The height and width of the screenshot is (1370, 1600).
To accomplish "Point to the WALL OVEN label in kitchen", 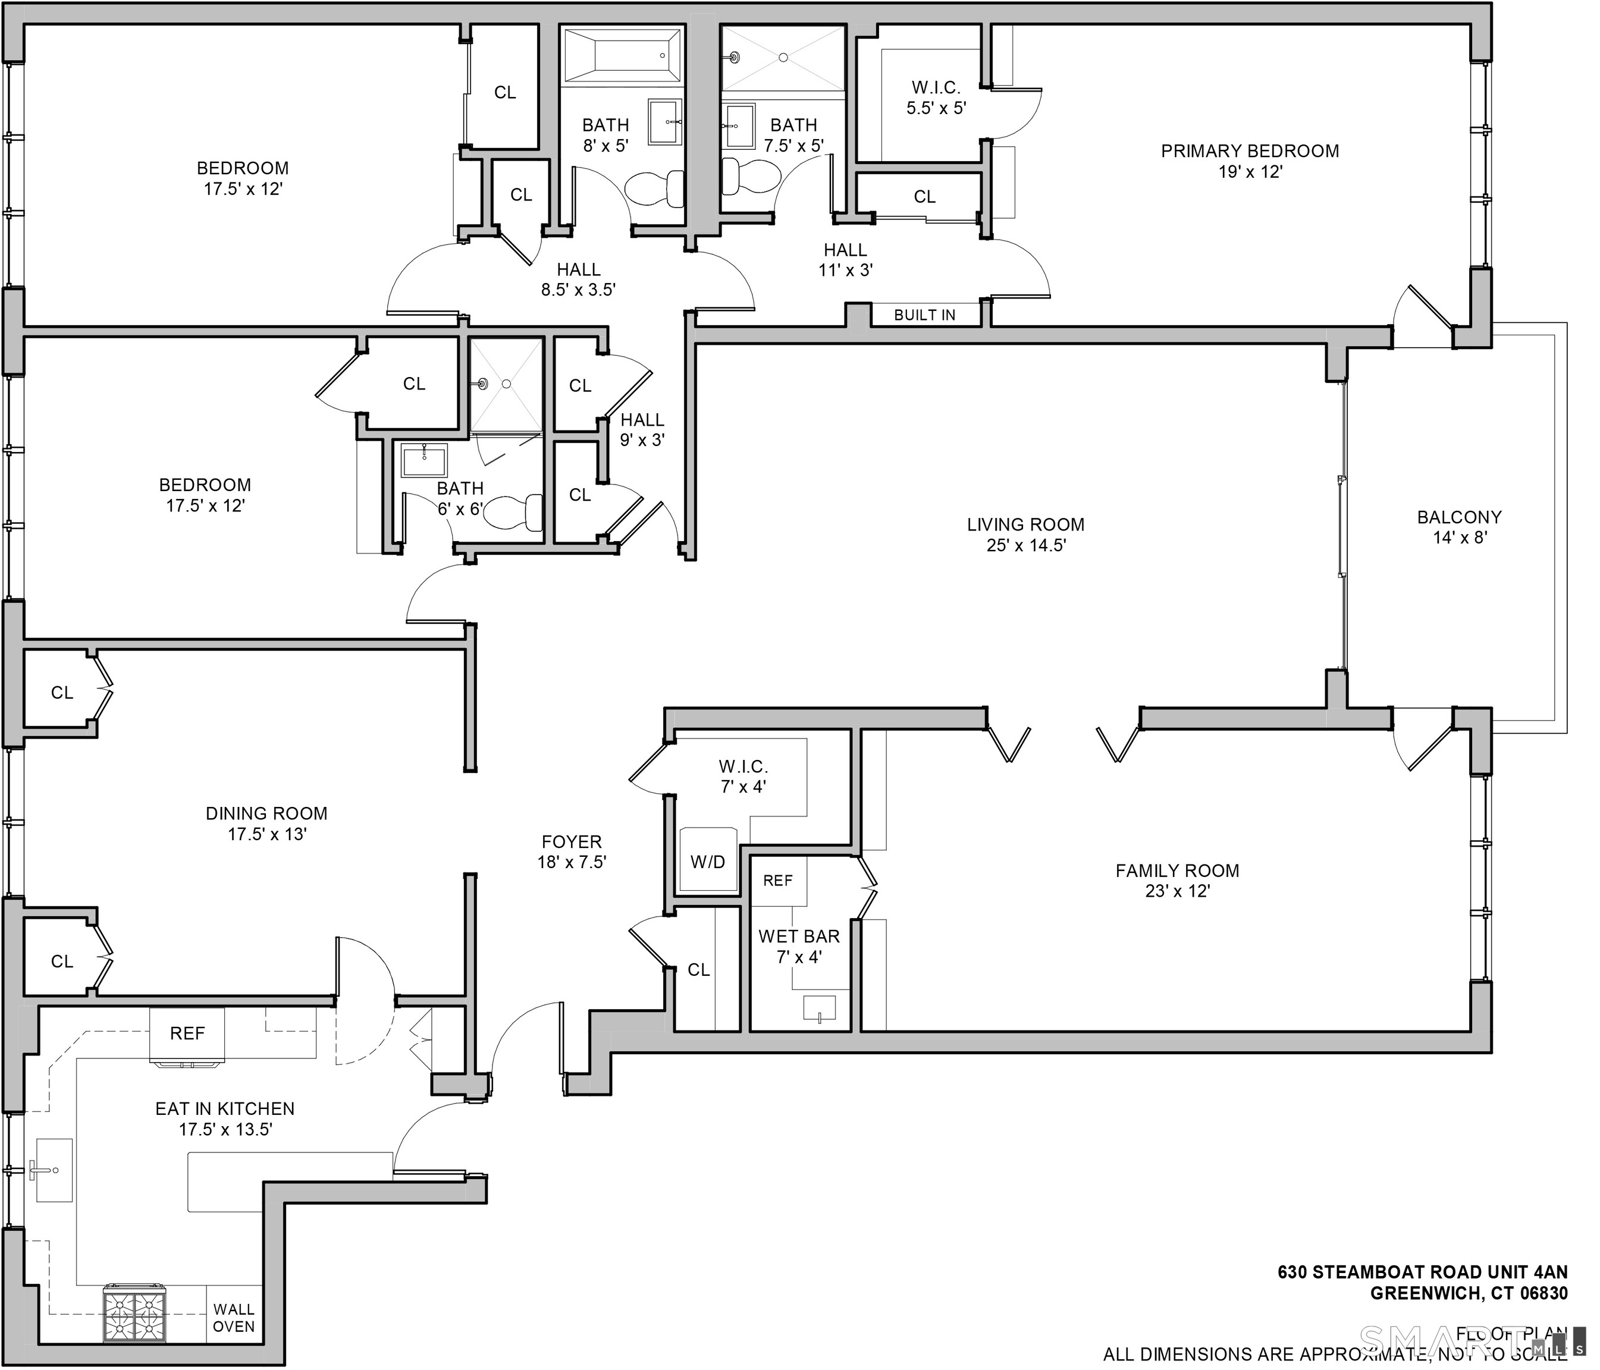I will pyautogui.click(x=233, y=1318).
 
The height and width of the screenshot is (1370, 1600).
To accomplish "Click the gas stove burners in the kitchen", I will pyautogui.click(x=135, y=1314).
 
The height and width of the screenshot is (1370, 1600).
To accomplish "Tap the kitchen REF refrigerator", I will pyautogui.click(x=187, y=1034).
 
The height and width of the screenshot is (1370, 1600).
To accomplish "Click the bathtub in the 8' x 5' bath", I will pyautogui.click(x=622, y=55).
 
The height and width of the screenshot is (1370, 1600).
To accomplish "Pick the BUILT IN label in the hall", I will pyautogui.click(x=924, y=315).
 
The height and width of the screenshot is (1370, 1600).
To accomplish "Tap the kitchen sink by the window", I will pyautogui.click(x=54, y=1170).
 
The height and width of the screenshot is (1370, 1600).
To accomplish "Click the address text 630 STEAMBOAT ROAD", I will pyautogui.click(x=1422, y=1272).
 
